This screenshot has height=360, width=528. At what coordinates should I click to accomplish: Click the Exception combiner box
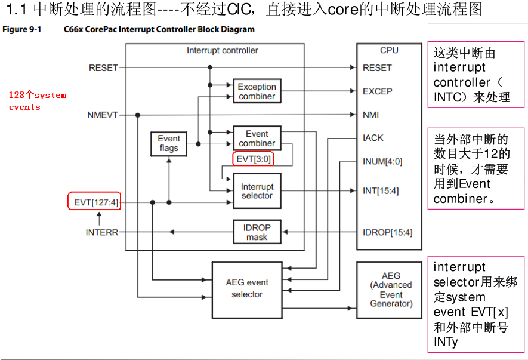point(257,91)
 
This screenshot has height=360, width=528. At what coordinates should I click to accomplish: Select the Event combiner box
point(257,139)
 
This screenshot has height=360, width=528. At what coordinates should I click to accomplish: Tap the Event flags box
point(169,143)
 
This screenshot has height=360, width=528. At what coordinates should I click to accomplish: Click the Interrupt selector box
point(257,191)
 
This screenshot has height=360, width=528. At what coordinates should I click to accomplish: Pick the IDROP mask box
point(257,232)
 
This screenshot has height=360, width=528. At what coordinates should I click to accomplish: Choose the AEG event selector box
point(246,288)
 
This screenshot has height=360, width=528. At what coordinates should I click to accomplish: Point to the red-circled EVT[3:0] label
point(254,159)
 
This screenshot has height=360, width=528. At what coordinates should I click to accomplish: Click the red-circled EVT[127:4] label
point(96,202)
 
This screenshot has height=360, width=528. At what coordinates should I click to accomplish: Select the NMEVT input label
point(102,115)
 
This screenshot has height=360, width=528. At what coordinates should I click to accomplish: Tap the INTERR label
point(101,232)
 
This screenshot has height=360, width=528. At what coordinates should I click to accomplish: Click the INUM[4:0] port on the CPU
point(382,161)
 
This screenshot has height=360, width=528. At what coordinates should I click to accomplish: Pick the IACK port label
point(373,138)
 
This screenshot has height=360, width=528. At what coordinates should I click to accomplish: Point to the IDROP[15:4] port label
point(387,232)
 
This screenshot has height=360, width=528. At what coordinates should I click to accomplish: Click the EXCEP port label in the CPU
point(377,91)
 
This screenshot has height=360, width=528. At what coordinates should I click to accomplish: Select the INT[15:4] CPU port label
point(381,191)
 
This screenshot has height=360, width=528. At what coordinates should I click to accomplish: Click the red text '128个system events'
point(37,101)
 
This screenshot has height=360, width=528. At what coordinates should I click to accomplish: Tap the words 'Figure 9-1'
point(21,29)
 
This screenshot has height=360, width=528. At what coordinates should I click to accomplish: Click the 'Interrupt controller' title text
point(222,51)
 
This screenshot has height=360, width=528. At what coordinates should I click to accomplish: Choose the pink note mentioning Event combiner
point(475,168)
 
